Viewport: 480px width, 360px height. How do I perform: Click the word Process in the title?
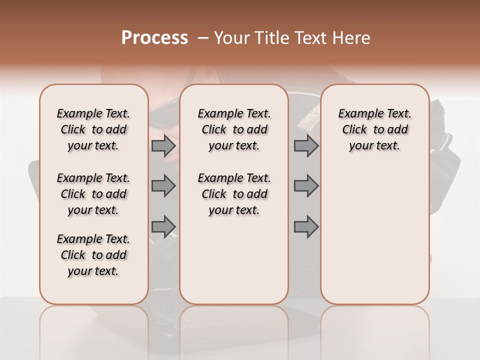(154, 38)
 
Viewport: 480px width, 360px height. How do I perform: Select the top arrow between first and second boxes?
(163, 146)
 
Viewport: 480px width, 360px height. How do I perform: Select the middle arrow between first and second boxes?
(163, 186)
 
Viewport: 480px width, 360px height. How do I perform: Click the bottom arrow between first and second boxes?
(163, 226)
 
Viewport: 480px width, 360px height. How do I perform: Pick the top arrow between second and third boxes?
(306, 146)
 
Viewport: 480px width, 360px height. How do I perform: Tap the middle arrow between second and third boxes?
(306, 186)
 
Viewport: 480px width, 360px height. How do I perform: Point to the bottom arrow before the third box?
(306, 226)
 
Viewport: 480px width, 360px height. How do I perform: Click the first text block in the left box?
(93, 129)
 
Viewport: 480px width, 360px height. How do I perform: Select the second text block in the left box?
(93, 194)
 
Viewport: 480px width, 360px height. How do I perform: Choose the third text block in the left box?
(93, 255)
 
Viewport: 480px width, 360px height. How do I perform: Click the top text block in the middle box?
(234, 129)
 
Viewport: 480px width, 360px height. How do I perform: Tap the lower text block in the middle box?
(234, 194)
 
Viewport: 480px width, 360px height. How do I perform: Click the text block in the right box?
(375, 129)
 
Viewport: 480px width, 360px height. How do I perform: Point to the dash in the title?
(203, 38)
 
